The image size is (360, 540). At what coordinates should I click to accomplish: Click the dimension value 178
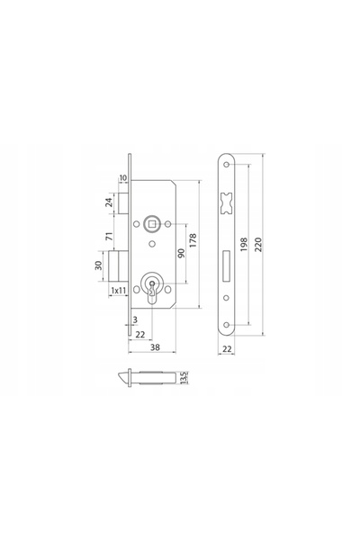(193, 240)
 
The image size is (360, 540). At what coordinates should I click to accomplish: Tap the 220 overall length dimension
(258, 244)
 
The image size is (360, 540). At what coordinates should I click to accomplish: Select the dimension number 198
(244, 244)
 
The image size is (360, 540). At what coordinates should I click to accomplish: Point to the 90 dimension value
(182, 253)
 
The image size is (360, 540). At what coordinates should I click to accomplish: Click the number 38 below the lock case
(155, 347)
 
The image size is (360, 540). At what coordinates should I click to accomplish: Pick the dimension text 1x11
(119, 291)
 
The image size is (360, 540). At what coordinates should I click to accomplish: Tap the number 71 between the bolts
(109, 236)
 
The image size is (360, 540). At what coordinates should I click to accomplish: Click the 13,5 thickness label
(184, 377)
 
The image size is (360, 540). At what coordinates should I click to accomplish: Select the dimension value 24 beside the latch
(109, 202)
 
